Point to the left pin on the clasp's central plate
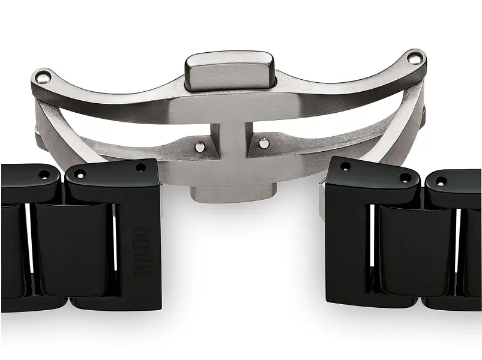click(x=199, y=145)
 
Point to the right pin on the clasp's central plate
click(x=263, y=143)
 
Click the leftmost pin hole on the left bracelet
click(x=44, y=174)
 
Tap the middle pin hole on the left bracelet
click(x=80, y=175)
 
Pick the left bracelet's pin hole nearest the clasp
click(x=140, y=167)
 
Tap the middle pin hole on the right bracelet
click(x=406, y=178)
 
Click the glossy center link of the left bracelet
click(x=72, y=246)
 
